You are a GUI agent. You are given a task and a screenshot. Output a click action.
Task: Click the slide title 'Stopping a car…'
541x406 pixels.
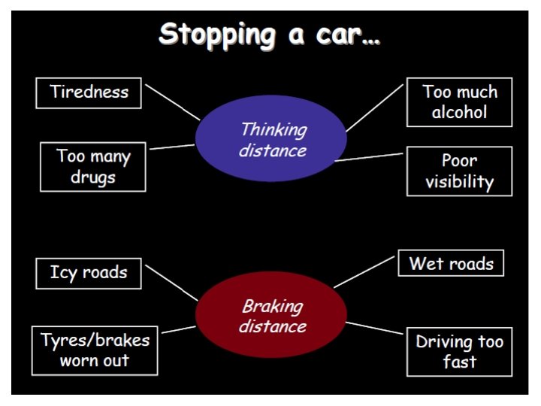click(270, 35)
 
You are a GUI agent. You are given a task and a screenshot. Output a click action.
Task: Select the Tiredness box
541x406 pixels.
click(89, 92)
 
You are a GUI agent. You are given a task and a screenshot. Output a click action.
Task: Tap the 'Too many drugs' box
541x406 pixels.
click(93, 167)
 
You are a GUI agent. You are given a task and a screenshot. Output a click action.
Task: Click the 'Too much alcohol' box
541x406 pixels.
click(459, 102)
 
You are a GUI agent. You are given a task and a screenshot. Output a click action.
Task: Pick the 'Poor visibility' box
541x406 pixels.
click(459, 171)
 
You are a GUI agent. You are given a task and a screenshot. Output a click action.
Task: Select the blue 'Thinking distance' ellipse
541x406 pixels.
click(271, 138)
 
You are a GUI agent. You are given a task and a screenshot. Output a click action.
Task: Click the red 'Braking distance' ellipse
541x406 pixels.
click(271, 315)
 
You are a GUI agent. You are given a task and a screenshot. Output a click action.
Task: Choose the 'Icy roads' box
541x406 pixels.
click(89, 272)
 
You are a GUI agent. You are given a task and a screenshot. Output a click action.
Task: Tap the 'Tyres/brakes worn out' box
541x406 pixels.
click(95, 350)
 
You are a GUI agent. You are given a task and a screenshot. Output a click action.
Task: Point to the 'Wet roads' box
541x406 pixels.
click(451, 263)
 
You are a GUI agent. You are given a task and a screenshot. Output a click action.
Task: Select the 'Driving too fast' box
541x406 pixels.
click(459, 351)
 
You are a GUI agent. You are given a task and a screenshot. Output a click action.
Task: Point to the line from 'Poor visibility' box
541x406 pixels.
click(370, 157)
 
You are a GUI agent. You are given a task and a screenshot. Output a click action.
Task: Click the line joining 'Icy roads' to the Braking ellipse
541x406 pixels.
click(173, 282)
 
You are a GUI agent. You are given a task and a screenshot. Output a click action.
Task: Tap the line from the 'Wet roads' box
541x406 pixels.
click(365, 271)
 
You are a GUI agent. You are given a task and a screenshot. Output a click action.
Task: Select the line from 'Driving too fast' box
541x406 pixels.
click(376, 329)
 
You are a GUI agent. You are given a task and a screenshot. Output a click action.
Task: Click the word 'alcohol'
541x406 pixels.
click(459, 113)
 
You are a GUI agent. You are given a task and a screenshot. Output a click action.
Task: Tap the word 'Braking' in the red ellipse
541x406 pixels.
click(272, 306)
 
